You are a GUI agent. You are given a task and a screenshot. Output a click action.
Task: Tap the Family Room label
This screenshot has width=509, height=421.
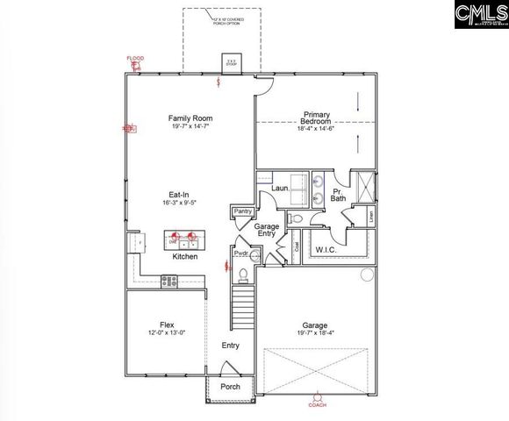pos(190,118)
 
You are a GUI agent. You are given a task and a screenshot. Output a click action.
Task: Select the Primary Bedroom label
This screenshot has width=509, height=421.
pos(316,118)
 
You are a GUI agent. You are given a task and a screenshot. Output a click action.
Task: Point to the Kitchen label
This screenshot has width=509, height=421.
pos(184,257)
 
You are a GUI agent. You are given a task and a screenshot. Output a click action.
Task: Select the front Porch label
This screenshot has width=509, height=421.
pos(230,386)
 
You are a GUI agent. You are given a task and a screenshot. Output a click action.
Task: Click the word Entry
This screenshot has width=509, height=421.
pos(230,346)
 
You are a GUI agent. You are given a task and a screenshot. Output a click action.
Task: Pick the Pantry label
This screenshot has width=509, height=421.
pos(242,211)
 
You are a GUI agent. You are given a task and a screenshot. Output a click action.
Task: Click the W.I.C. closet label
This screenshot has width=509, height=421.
pos(327,249)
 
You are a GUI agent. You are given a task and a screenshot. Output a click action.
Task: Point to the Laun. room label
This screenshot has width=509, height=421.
pos(280,189)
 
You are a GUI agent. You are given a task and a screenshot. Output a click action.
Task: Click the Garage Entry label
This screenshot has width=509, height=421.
pos(267,231)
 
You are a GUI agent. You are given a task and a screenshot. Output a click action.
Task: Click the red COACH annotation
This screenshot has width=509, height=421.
pos(318,405)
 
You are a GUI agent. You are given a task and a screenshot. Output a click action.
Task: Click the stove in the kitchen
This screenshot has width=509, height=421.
pos(168,281)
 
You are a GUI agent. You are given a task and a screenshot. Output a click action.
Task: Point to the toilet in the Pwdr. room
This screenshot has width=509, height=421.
pos(242,275)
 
